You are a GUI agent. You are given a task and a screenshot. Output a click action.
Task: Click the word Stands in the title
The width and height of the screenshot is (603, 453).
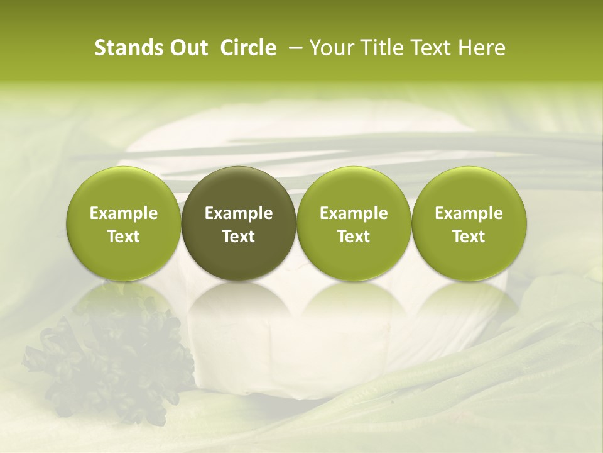coord(128,48)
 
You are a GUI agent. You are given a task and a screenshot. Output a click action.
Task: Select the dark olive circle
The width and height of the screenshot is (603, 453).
coord(239,223)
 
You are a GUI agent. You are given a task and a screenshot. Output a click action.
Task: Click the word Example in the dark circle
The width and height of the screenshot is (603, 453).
coord(239,213)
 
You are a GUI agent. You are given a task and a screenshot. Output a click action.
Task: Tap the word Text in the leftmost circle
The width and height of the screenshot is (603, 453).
coord(123,237)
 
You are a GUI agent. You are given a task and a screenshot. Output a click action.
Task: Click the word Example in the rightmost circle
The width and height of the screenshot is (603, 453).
coord(469,213)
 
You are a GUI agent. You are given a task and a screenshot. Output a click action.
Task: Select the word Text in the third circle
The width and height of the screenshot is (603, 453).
coord(354,237)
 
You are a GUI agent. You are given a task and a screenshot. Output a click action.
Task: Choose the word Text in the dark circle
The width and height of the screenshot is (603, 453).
coord(239,237)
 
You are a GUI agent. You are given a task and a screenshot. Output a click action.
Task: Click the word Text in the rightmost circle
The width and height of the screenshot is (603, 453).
coord(469,237)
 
